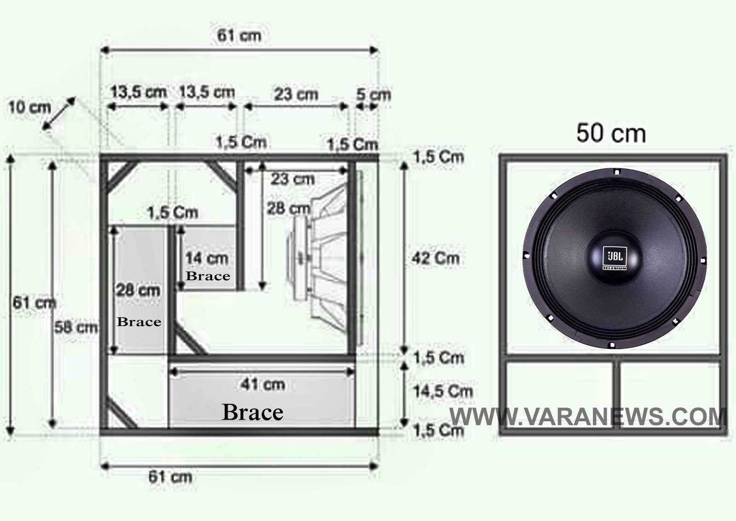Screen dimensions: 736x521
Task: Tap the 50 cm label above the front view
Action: pyautogui.click(x=611, y=134)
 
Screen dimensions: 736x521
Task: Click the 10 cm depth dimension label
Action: pyautogui.click(x=29, y=108)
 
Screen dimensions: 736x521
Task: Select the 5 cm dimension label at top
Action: pyautogui.click(x=374, y=95)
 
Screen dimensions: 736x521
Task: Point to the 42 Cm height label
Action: pyautogui.click(x=435, y=258)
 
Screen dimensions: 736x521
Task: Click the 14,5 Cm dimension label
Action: pyautogui.click(x=443, y=391)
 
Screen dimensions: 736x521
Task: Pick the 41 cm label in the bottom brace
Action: pyautogui.click(x=263, y=384)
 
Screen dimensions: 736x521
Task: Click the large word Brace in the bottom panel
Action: pyautogui.click(x=253, y=412)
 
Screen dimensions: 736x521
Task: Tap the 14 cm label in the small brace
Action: pyautogui.click(x=207, y=258)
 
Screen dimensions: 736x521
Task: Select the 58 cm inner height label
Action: pyautogui.click(x=76, y=327)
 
